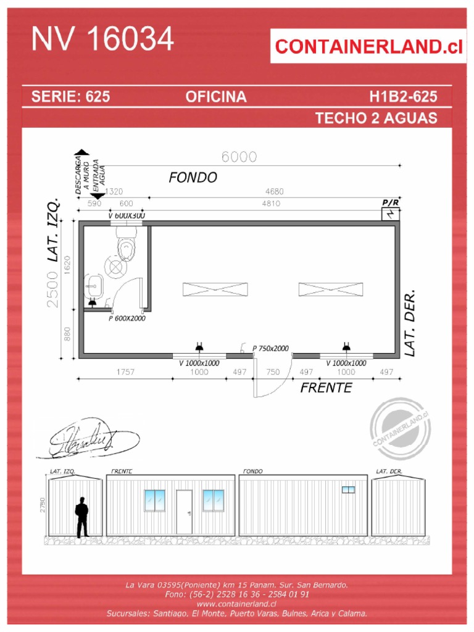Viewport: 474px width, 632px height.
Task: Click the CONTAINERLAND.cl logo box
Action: click(368, 46)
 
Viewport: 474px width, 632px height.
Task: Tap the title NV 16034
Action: click(102, 39)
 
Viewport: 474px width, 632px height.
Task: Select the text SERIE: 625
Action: click(70, 97)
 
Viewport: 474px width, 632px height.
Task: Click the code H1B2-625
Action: click(403, 97)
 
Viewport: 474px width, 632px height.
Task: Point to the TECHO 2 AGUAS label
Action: click(376, 118)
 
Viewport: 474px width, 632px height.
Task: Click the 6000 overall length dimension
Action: click(239, 157)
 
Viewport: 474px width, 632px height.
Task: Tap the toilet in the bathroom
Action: click(126, 246)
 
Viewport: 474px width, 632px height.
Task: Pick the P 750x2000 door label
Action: click(270, 348)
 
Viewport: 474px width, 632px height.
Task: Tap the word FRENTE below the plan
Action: click(326, 388)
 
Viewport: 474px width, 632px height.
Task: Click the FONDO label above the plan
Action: click(193, 178)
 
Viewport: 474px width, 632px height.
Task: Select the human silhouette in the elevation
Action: click(81, 517)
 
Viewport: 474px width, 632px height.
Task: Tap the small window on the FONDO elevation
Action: click(349, 489)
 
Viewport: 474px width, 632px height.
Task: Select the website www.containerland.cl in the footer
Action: click(236, 604)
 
